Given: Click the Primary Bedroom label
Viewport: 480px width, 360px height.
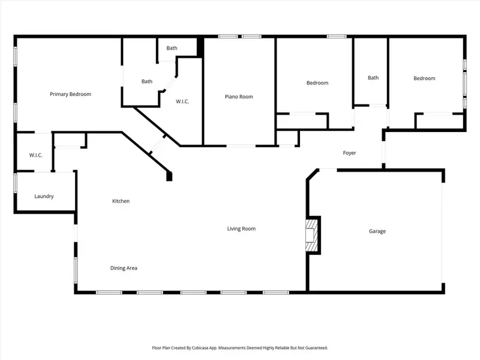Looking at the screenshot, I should pos(70,94).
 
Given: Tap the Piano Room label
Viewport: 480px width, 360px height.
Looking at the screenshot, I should pos(239,97).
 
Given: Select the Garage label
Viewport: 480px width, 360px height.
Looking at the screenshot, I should pos(377,231).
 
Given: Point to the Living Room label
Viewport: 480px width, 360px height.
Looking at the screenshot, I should pos(241,229).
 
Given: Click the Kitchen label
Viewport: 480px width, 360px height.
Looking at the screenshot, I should pos(121,201).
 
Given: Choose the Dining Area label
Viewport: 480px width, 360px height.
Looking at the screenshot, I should pos(124,268).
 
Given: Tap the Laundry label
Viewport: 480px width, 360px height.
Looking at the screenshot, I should pos(44,196).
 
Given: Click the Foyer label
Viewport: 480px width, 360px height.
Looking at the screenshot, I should pos(349,153).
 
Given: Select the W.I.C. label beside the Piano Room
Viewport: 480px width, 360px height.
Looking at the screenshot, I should pos(182,101).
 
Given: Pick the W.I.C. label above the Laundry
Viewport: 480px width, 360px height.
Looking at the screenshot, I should pos(36,155).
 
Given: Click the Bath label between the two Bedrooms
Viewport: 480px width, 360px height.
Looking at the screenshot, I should pos(373,77).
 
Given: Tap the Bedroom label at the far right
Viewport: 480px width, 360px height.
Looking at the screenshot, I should pos(424,78).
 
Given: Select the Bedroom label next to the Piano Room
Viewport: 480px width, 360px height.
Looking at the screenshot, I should pos(317,83).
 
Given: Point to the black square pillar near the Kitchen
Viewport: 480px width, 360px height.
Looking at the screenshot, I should pos(169,176).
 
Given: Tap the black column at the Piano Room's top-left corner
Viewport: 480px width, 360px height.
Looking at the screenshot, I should pos(201,47).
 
